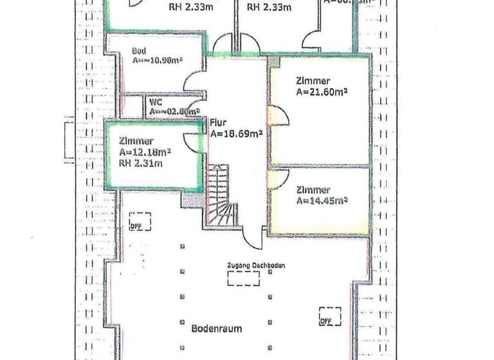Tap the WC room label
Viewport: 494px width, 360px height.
(155, 102)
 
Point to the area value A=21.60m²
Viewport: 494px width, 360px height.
(322, 93)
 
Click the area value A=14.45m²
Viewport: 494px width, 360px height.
(322, 201)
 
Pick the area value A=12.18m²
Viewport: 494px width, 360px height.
(145, 152)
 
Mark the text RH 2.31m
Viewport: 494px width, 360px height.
(141, 163)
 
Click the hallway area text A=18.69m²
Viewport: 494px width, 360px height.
(236, 134)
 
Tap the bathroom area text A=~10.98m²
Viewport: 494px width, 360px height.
(158, 61)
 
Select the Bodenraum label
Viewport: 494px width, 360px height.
(217, 328)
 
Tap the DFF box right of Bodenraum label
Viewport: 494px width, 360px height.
(329, 316)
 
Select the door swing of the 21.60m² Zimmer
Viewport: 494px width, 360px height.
(279, 117)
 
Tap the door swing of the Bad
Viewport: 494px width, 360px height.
(195, 82)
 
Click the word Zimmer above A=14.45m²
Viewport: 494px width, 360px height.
(313, 190)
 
